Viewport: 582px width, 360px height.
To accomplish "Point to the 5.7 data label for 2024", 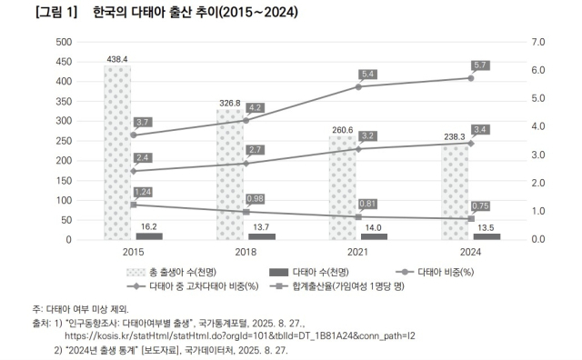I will pyautogui.click(x=482, y=65).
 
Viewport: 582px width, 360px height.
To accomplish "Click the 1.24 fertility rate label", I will pyautogui.click(x=143, y=192).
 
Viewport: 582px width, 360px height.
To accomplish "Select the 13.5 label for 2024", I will pyautogui.click(x=487, y=227).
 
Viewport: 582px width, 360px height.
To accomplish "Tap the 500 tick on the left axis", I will pyautogui.click(x=64, y=42).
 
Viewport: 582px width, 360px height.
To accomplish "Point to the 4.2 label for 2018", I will pyautogui.click(x=255, y=108).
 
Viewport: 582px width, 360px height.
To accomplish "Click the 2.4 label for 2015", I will pyautogui.click(x=143, y=158).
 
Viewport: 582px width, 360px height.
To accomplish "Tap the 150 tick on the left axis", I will pyautogui.click(x=64, y=180).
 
